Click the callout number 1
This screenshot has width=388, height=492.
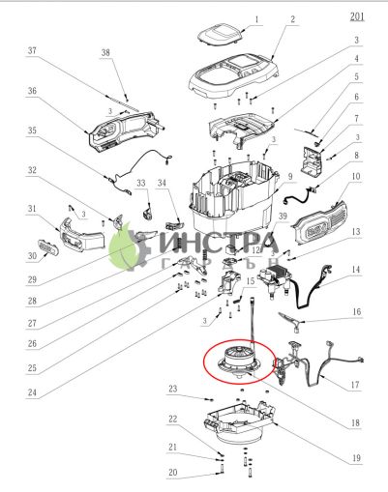[256, 18]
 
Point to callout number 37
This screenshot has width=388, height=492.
[32, 50]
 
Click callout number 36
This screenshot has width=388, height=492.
[32, 92]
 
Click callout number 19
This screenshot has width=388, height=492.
[356, 456]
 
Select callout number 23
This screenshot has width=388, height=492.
[173, 389]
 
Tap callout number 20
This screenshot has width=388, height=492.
[173, 473]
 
